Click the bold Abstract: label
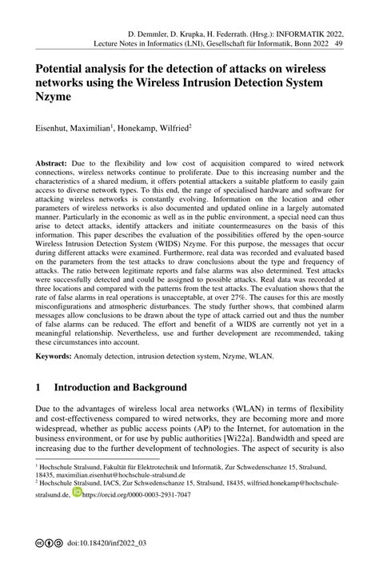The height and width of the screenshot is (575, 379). [x=54, y=162]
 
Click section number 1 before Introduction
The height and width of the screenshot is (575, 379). [x=39, y=387]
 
